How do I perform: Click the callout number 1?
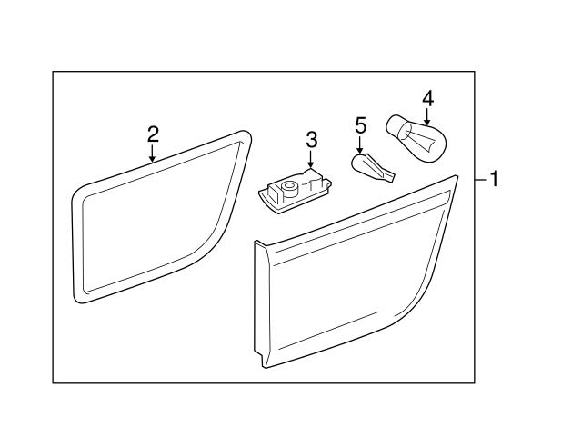click(x=495, y=179)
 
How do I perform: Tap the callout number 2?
click(x=153, y=134)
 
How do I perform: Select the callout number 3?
click(x=312, y=139)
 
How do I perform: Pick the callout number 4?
click(x=428, y=98)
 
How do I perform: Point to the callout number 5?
click(x=360, y=125)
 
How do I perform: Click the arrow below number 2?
click(x=152, y=154)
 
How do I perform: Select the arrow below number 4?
click(x=427, y=116)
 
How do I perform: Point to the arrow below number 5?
click(x=359, y=144)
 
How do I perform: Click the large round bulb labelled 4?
click(x=417, y=139)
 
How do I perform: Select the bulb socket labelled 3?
click(x=295, y=190)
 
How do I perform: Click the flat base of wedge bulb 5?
click(x=389, y=176)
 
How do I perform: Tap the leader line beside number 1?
click(x=481, y=180)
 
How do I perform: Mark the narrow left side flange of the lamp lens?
click(x=261, y=304)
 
